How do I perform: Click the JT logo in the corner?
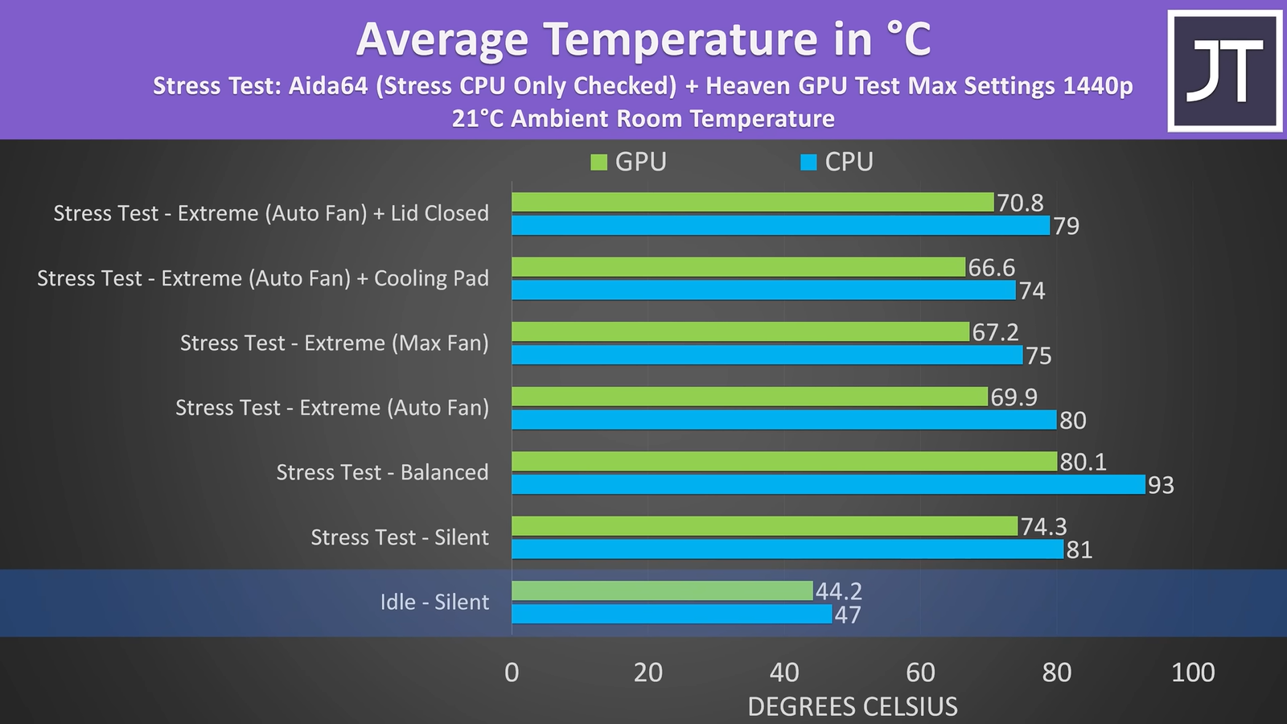1224,71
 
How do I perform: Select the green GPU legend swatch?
598,162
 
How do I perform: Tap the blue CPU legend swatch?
808,162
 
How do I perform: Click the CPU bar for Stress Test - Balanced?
828,484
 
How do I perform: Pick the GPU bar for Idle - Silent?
662,590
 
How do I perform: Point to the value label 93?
1161,485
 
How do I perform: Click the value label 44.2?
838,591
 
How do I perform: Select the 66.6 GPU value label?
991,267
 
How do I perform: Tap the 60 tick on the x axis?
920,673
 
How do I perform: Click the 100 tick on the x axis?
1192,673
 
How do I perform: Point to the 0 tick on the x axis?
512,673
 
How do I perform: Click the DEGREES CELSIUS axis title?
853,706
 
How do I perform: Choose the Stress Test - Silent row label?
400,537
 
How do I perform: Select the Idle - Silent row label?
434,602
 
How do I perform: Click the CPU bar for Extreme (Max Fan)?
767,355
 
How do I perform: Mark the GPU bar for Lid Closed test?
752,202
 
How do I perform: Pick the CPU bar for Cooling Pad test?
763,290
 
